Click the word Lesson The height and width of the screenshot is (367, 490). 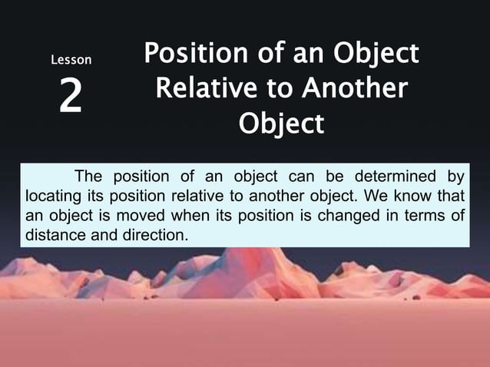click(71, 59)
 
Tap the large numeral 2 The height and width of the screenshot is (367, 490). click(71, 98)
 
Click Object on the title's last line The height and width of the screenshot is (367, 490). click(281, 123)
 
